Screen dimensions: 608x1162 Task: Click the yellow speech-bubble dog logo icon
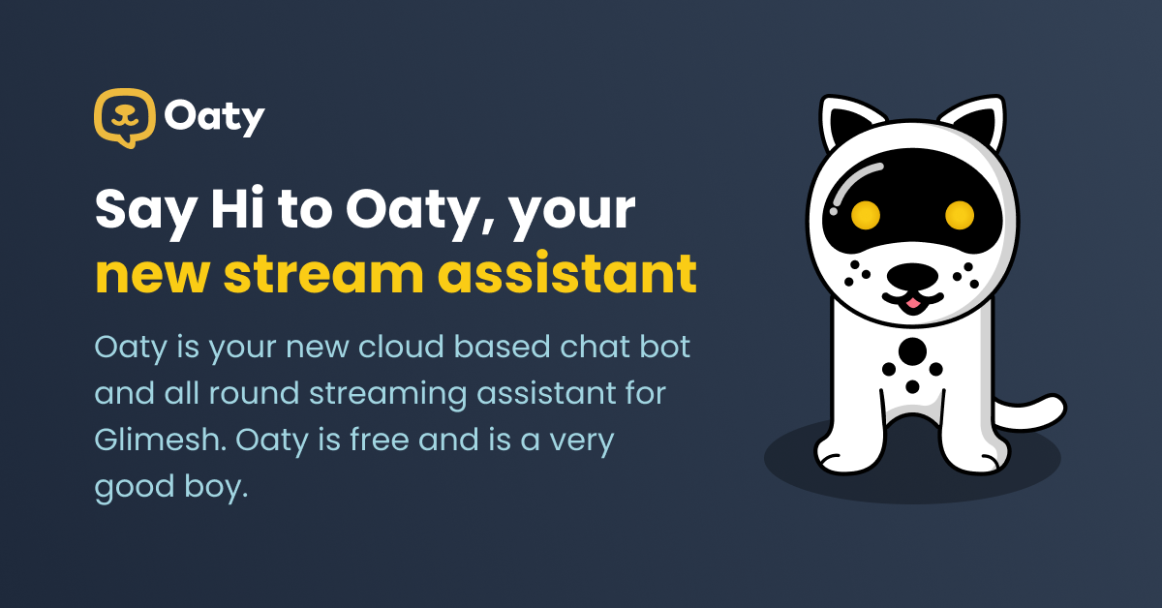coord(124,117)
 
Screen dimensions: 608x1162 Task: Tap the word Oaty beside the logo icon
coord(214,118)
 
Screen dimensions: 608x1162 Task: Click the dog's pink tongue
coord(910,303)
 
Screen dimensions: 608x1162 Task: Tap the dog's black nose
coord(910,279)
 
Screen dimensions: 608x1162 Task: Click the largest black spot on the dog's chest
coord(911,350)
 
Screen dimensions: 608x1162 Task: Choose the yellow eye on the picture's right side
coord(959,214)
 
